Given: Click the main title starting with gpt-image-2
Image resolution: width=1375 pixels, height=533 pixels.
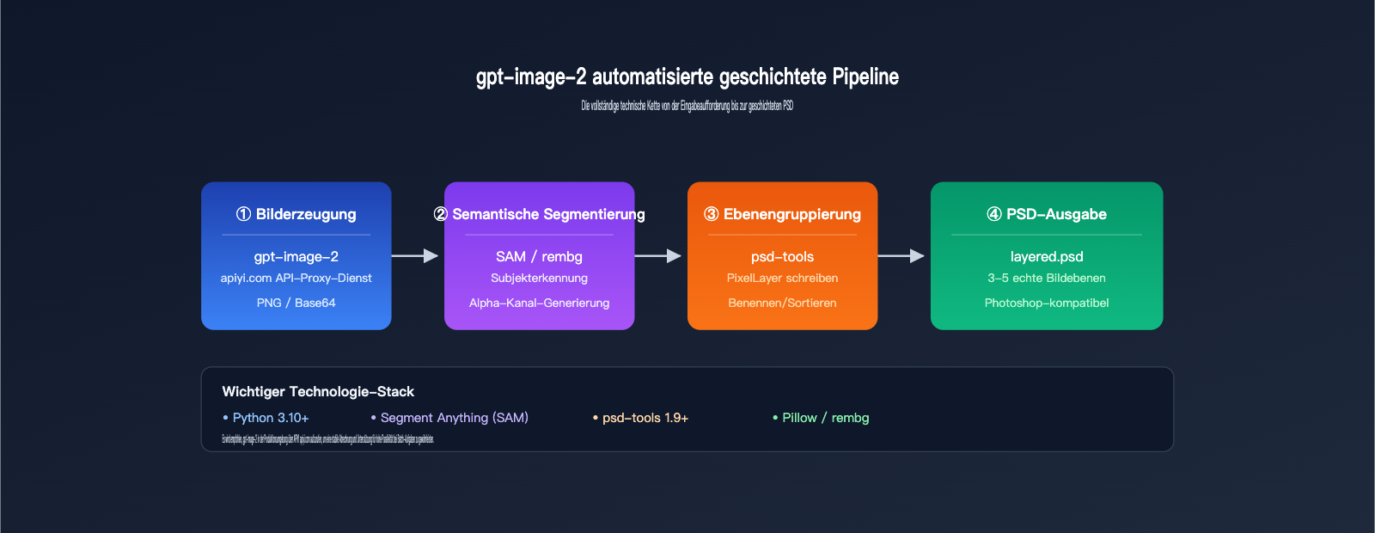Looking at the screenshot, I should pos(687,77).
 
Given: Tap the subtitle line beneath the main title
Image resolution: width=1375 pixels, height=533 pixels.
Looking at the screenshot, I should pos(687,106).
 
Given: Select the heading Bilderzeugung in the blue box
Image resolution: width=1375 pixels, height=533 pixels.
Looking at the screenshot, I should pos(296,214).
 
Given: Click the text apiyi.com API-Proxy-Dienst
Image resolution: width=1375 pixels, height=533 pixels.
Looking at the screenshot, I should pos(296,278).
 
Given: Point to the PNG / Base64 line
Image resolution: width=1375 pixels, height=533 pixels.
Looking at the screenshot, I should pos(296,303).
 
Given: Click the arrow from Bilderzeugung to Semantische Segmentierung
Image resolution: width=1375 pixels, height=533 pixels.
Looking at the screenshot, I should pos(415,255).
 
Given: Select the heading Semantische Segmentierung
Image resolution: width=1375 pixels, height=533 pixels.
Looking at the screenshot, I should pos(540,214).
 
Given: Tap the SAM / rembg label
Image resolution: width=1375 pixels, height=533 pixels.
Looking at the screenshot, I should pos(540,256).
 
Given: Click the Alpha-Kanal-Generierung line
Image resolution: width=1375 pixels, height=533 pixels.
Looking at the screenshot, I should pos(540,303).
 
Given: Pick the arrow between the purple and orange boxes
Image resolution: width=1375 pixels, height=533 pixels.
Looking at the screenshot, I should pos(658,255).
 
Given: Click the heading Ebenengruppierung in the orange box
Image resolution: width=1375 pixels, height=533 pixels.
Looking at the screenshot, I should pos(783,214).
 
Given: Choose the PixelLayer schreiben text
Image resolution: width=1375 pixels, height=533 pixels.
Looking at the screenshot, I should pos(783,278).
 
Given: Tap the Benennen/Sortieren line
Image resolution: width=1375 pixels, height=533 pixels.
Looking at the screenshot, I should pos(783,303).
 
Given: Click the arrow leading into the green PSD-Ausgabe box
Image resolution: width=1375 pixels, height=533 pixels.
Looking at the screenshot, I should pos(901,255).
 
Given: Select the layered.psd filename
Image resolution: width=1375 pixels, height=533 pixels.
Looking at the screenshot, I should pos(1047,256).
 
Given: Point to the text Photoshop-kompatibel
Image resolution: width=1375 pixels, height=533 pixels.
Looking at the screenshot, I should pos(1047,303).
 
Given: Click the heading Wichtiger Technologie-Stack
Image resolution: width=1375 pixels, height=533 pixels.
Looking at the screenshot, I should pos(318,391).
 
